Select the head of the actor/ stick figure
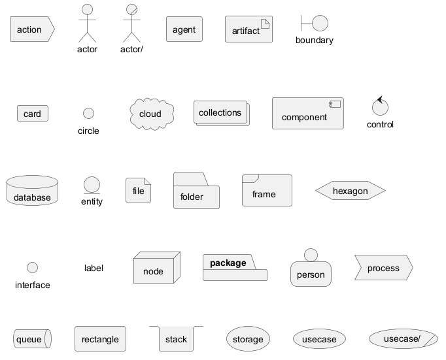click(131, 10)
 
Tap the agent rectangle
click(184, 29)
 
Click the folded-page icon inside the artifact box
click(266, 24)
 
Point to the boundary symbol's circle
click(320, 24)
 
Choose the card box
click(32, 114)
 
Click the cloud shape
click(151, 114)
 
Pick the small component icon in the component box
click(336, 105)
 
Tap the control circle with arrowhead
click(380, 106)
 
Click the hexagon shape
click(351, 191)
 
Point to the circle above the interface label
click(32, 268)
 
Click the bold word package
click(228, 263)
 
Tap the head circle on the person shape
click(311, 255)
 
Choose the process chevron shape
click(383, 269)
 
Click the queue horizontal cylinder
click(32, 339)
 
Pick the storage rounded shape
click(248, 339)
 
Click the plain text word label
click(94, 268)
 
